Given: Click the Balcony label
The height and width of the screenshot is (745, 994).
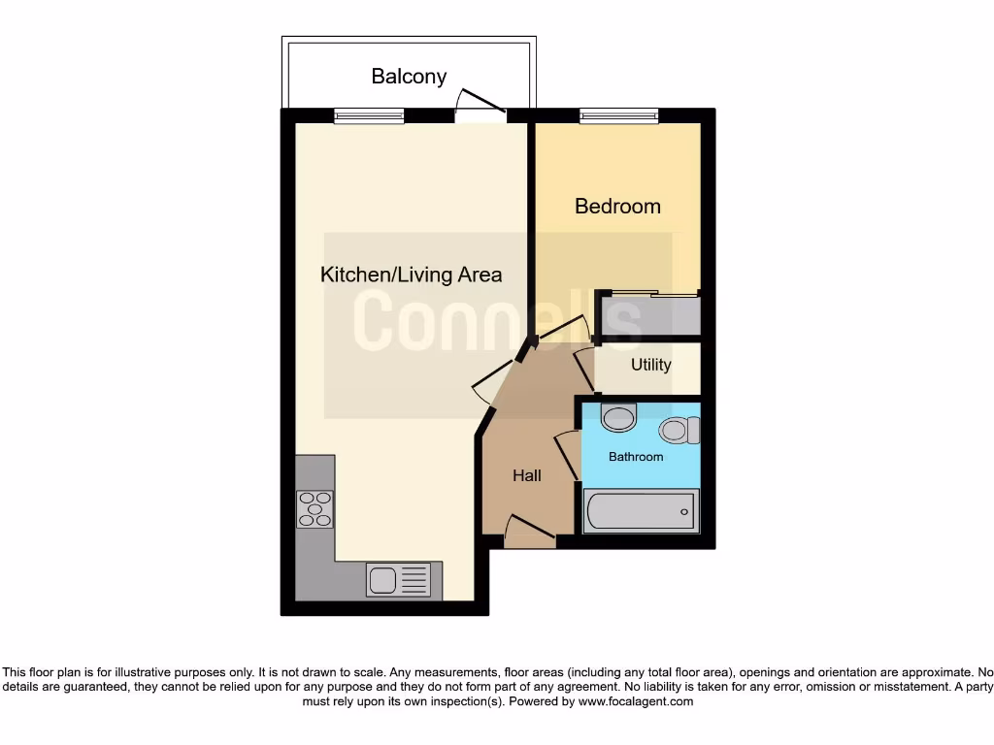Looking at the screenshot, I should [409, 76].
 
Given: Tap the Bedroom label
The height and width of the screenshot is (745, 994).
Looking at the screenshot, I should [617, 206].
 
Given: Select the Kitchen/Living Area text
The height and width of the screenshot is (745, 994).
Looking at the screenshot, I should [412, 275].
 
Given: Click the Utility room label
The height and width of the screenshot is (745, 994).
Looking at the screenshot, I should [650, 365].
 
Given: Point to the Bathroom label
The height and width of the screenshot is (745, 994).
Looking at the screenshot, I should [636, 456].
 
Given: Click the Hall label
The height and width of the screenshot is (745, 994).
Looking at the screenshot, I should [527, 475].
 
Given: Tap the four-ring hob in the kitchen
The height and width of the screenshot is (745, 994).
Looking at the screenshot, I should [315, 509].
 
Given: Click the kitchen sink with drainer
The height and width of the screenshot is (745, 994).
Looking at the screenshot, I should [398, 580].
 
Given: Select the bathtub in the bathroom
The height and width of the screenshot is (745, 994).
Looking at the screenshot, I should [640, 510].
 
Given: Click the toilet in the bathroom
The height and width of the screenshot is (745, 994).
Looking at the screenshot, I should [679, 429].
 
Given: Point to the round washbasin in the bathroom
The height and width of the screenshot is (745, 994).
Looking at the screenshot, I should [618, 419].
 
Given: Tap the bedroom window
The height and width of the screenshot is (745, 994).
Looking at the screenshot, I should [619, 115].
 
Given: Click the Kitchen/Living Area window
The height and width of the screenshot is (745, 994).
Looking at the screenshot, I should [369, 115].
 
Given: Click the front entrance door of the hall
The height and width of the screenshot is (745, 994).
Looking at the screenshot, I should [529, 531].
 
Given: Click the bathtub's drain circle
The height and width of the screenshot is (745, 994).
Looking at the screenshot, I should [684, 511].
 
